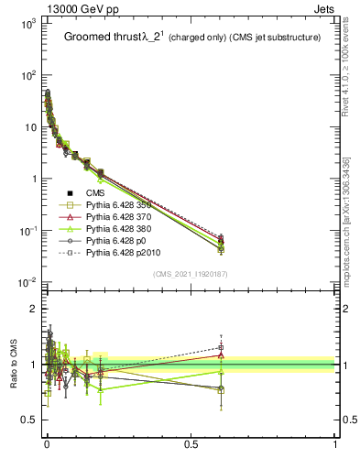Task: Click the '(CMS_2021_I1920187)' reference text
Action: (x=191, y=273)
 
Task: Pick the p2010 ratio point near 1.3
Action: (x=221, y=347)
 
